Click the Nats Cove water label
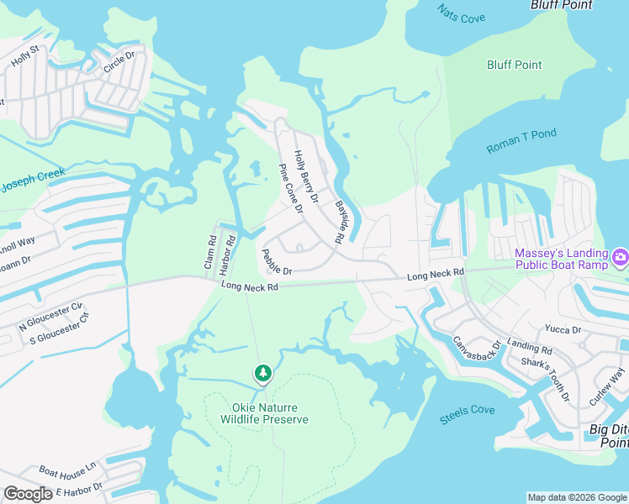(x=462, y=14)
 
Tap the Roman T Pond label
(x=521, y=141)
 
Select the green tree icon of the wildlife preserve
(x=264, y=373)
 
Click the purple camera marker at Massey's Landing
(x=621, y=256)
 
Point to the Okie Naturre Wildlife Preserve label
(x=264, y=412)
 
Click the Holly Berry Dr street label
(x=306, y=176)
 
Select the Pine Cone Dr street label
(x=290, y=188)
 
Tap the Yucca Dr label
(x=564, y=330)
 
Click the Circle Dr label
(x=119, y=63)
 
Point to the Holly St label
(x=25, y=56)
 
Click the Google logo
(x=28, y=494)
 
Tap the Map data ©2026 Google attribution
(x=577, y=497)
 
